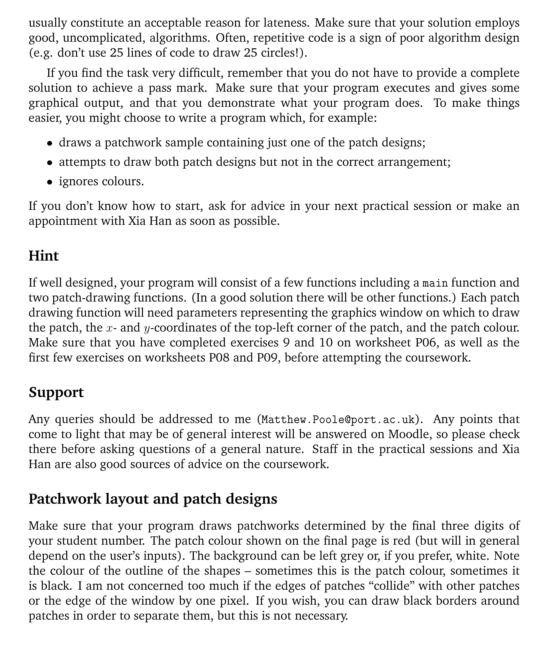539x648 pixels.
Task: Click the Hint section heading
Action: click(43, 256)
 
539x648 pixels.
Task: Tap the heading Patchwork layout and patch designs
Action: click(153, 499)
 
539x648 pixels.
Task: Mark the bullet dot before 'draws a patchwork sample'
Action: click(49, 144)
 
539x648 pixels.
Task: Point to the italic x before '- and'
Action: click(110, 328)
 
